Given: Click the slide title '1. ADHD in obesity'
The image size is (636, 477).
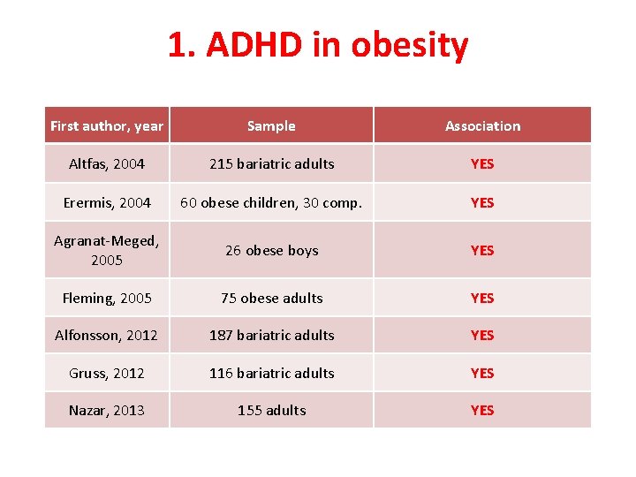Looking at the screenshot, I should pos(318,45).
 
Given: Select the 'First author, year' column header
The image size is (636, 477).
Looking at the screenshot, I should pos(107,125).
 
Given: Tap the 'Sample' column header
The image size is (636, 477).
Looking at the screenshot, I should pos(271,125).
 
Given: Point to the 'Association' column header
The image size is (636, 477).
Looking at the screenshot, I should pos(482,125).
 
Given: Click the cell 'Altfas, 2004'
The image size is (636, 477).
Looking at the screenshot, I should pos(107,163).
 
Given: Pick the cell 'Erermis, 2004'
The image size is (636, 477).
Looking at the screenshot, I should pos(107,202).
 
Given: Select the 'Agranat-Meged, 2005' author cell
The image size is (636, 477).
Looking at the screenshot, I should pos(107,250).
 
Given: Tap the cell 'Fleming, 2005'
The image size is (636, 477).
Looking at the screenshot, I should pos(107,298).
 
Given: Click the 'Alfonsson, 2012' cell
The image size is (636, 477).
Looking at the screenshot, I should pos(107,335).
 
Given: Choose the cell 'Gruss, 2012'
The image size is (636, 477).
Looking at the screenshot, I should pos(107,373).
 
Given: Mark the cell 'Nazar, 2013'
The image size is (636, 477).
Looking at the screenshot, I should pos(107,410).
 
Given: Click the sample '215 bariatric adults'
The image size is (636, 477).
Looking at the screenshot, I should pos(271,163).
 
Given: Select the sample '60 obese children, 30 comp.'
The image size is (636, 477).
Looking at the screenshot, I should pos(271,202).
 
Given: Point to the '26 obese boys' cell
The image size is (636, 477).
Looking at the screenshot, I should pos(271,250).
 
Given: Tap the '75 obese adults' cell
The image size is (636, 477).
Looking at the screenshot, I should pos(271,298).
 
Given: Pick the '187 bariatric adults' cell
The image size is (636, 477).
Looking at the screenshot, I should pos(271,335).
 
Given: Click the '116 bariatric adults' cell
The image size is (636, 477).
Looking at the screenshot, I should pos(271,373).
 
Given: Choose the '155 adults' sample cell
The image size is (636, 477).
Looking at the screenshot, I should pos(271,410).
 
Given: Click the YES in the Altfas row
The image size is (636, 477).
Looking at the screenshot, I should pos(482,163).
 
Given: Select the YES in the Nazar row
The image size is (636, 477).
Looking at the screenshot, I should pos(482,410).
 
